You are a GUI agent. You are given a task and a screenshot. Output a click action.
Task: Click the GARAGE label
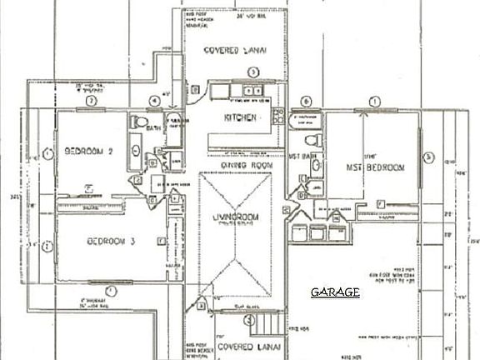point(335,292)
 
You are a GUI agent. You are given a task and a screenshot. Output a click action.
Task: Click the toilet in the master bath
point(311,138)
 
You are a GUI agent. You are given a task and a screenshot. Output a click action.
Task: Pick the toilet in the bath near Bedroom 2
point(135,123)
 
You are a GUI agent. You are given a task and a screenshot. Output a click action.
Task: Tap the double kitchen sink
point(251,90)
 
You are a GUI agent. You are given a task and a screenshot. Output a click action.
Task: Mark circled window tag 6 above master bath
point(307,102)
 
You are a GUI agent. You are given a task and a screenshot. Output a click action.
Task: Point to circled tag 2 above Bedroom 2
point(93,101)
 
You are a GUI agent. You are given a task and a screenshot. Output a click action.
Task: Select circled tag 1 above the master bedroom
point(374,101)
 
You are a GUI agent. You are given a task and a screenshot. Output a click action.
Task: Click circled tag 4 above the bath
point(153,102)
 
